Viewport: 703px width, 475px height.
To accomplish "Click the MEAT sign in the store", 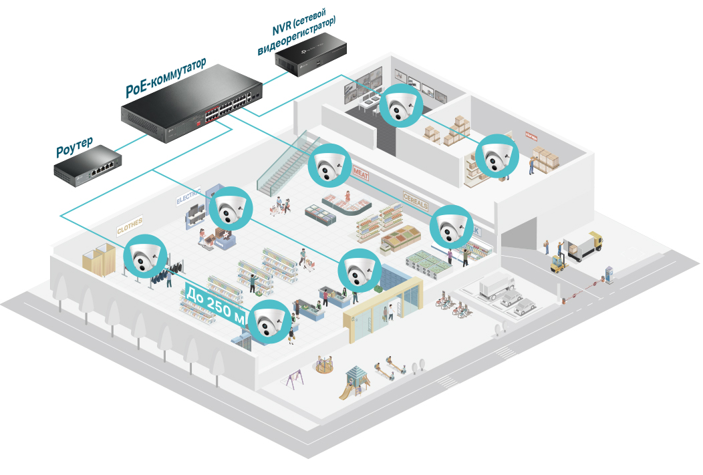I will (x=361, y=172).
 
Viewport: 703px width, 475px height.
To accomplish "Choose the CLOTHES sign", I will (x=130, y=226).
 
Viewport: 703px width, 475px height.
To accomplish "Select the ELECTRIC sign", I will (x=188, y=198).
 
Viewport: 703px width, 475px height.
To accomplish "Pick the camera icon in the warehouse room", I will (x=497, y=156).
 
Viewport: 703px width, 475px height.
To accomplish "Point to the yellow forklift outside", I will (x=559, y=263).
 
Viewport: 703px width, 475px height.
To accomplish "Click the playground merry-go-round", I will (x=325, y=365).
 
